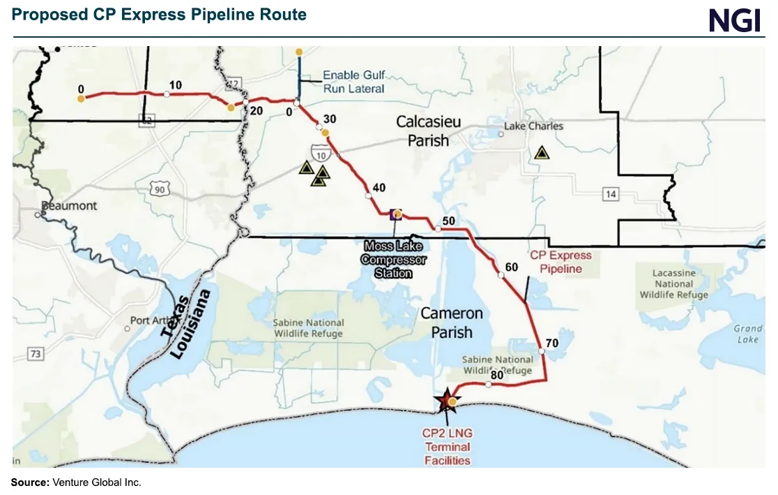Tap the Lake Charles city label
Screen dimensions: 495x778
tap(533, 126)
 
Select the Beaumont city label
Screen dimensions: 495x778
tap(69, 206)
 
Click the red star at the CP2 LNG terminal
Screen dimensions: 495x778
tap(444, 401)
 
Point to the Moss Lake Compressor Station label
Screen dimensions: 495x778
tap(393, 259)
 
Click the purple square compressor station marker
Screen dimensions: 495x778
tap(395, 214)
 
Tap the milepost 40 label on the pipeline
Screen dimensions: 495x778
tap(379, 187)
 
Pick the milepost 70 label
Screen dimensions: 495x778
tap(552, 343)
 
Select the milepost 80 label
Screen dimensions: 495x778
tap(497, 375)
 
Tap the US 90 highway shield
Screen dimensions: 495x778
tap(160, 187)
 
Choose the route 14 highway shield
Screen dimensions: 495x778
tap(611, 194)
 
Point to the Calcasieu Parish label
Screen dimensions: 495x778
tap(428, 131)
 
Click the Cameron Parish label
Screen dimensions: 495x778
tap(451, 323)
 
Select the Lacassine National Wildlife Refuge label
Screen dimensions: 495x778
tap(673, 283)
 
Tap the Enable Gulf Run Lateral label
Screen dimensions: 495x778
tap(353, 82)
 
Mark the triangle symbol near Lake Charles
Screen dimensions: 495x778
tap(542, 153)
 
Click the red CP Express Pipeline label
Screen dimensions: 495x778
tap(560, 262)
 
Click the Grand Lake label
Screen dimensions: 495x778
tap(747, 334)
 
